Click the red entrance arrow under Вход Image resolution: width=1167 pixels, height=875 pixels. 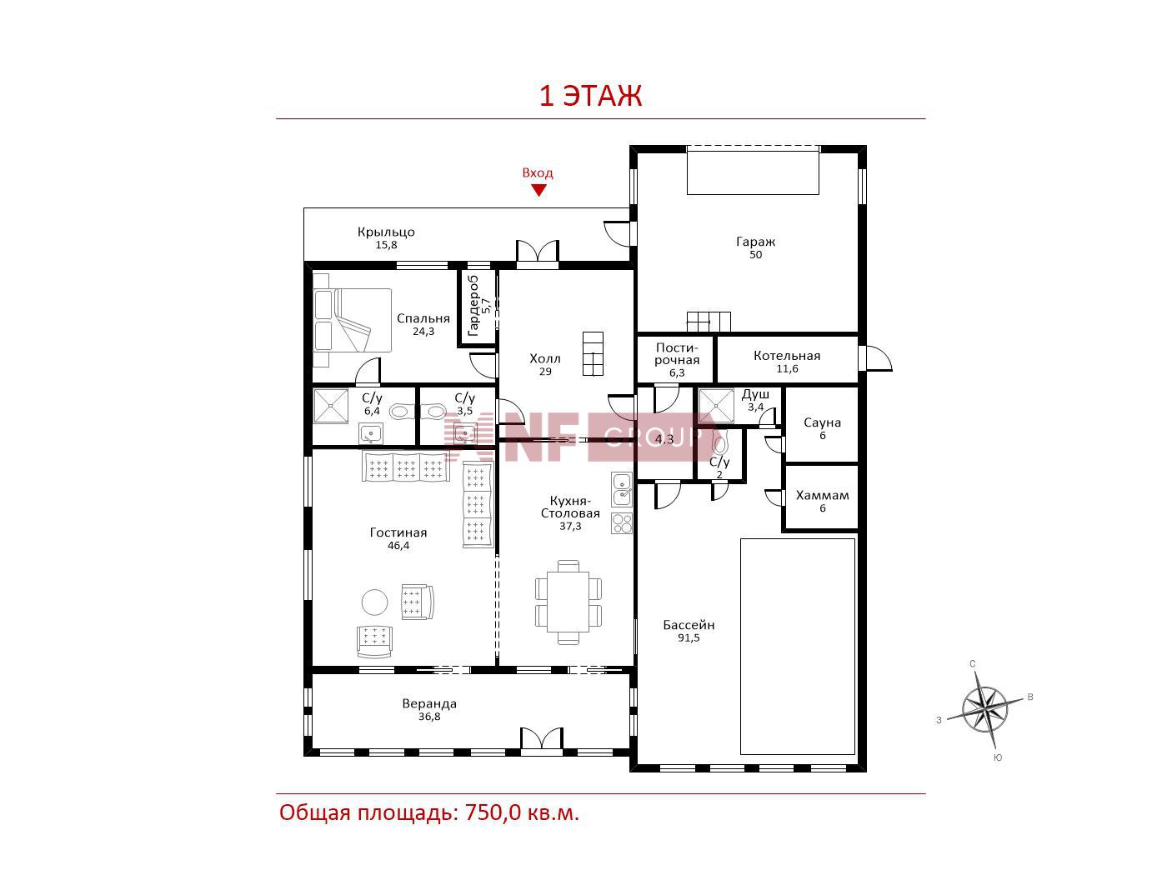click(538, 190)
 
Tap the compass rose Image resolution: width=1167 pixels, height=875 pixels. click(984, 709)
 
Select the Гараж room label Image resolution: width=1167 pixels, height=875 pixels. click(755, 242)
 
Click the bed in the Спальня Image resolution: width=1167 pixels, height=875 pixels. click(352, 320)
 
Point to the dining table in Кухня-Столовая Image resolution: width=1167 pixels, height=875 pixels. click(568, 602)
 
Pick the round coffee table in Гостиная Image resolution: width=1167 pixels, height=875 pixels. click(375, 602)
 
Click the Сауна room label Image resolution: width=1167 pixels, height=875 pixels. click(822, 422)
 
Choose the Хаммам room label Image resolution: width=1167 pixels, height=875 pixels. click(822, 495)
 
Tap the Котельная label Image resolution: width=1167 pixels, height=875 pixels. click(787, 356)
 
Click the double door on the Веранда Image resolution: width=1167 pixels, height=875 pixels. click(541, 740)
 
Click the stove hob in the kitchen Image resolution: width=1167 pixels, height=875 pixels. click(622, 523)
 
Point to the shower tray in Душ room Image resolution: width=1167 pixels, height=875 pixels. click(715, 407)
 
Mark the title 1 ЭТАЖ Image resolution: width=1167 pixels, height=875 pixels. click(591, 96)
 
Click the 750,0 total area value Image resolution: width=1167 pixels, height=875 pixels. click(493, 812)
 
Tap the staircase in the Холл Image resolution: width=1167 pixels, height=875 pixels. click(593, 354)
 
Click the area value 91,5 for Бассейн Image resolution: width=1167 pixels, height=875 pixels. click(689, 638)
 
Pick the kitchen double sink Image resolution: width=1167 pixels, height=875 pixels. click(622, 489)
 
